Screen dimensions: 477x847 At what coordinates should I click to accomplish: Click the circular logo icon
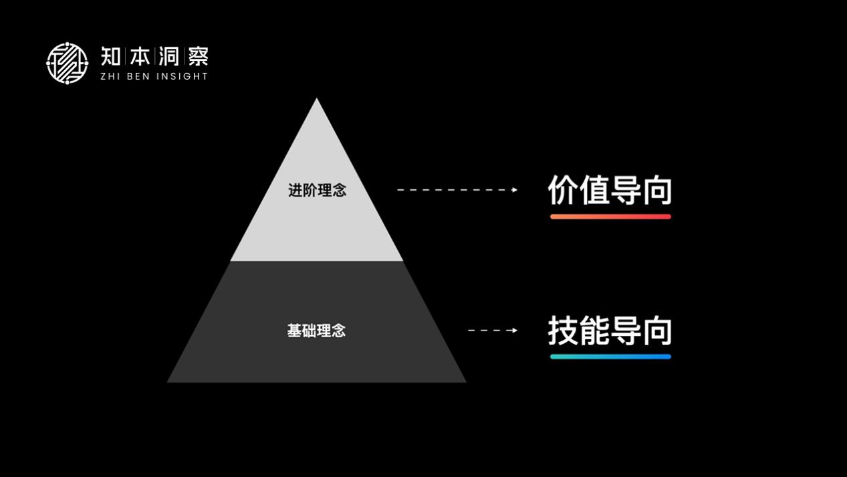pyautogui.click(x=67, y=63)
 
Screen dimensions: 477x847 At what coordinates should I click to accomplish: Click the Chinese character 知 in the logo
pyautogui.click(x=111, y=56)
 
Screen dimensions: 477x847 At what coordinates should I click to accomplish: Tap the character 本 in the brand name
pyautogui.click(x=140, y=56)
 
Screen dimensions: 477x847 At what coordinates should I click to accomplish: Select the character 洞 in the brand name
pyautogui.click(x=168, y=56)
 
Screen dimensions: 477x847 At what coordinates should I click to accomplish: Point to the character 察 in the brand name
pyautogui.click(x=198, y=56)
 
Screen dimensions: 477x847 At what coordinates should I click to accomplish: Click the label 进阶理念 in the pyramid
pyautogui.click(x=317, y=191)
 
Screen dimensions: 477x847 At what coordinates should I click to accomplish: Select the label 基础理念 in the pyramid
pyautogui.click(x=316, y=330)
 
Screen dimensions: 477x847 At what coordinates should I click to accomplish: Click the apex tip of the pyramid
pyautogui.click(x=316, y=100)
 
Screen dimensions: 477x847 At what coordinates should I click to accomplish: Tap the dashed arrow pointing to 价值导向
pyautogui.click(x=457, y=190)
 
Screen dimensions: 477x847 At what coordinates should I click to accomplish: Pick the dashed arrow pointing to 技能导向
pyautogui.click(x=493, y=330)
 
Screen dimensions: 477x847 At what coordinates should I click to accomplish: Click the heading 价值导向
pyautogui.click(x=610, y=190)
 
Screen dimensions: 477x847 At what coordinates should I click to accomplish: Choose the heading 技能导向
pyautogui.click(x=610, y=330)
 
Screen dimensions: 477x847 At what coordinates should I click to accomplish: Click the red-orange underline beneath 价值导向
pyautogui.click(x=610, y=216)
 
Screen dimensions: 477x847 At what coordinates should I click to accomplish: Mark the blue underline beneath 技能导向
pyautogui.click(x=610, y=357)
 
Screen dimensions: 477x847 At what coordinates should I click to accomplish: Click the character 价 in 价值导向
pyautogui.click(x=563, y=190)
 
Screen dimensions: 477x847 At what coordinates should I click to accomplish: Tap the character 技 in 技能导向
pyautogui.click(x=563, y=330)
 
